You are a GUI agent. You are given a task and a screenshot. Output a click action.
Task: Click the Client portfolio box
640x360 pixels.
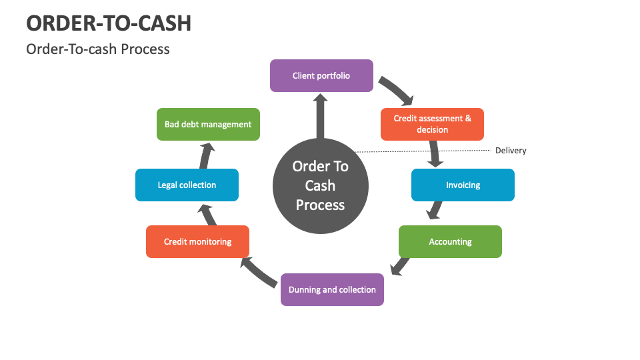321,76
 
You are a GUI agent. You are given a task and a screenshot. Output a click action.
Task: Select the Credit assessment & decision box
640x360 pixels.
432,124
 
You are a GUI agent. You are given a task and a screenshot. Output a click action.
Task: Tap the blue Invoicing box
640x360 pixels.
463,185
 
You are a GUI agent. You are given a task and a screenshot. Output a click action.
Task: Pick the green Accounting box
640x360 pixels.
450,241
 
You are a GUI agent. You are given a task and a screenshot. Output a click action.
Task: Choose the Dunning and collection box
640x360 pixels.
332,289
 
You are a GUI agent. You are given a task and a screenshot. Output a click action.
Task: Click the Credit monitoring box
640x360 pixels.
197,241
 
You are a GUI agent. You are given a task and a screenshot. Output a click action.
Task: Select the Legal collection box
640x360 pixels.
187,185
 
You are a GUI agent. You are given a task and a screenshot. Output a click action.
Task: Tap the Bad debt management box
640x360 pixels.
208,124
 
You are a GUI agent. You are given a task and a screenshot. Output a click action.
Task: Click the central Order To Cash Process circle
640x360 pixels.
321,185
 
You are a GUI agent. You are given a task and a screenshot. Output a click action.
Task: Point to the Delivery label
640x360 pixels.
511,151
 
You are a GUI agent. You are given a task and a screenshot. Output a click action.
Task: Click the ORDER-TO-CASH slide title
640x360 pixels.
109,23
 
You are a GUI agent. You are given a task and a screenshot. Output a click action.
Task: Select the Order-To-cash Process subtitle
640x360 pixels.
98,49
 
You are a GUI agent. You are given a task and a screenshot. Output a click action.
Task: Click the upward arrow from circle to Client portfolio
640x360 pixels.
321,117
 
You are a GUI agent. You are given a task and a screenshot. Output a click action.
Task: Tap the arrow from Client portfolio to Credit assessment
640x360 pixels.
397,90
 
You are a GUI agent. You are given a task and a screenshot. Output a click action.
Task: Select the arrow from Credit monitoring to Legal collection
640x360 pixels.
207,214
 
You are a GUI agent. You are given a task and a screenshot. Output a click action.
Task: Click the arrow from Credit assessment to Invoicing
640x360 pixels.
435,155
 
